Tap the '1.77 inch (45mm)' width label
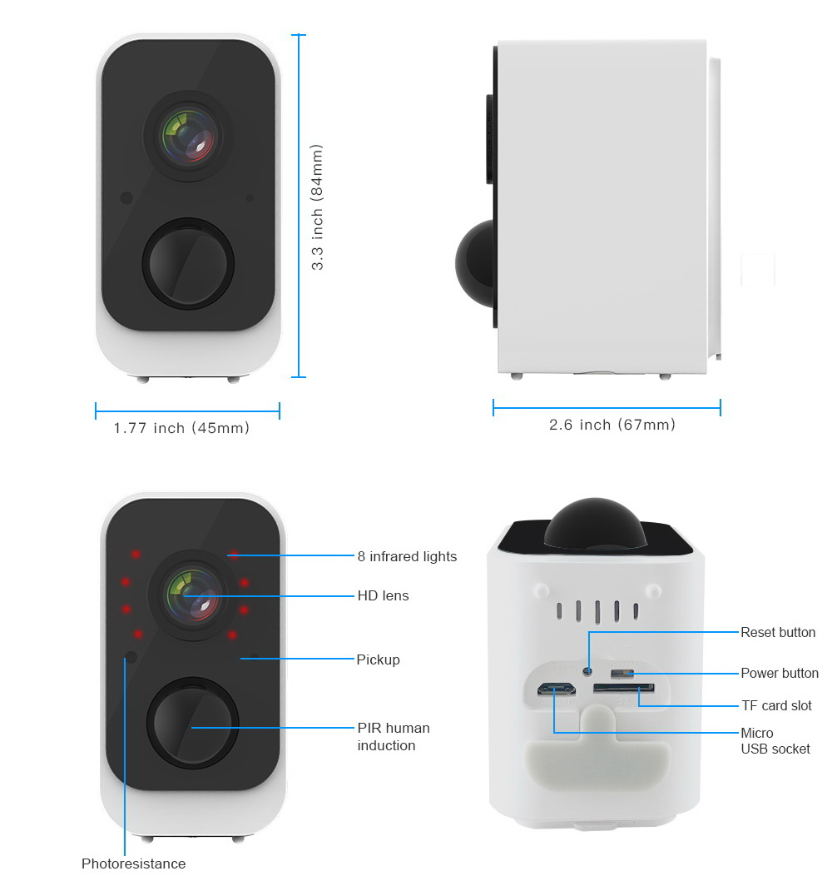(181, 428)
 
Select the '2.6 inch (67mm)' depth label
(612, 425)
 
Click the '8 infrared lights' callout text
(407, 556)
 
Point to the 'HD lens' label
(383, 595)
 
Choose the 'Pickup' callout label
(378, 660)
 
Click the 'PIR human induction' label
(394, 736)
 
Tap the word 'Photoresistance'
(133, 864)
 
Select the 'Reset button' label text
(778, 633)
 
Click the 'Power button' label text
(780, 673)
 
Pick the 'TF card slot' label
(776, 705)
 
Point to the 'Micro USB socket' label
(775, 741)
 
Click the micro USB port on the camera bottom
(556, 689)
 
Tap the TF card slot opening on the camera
(623, 689)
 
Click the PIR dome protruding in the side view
(476, 263)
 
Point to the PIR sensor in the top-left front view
(188, 263)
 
